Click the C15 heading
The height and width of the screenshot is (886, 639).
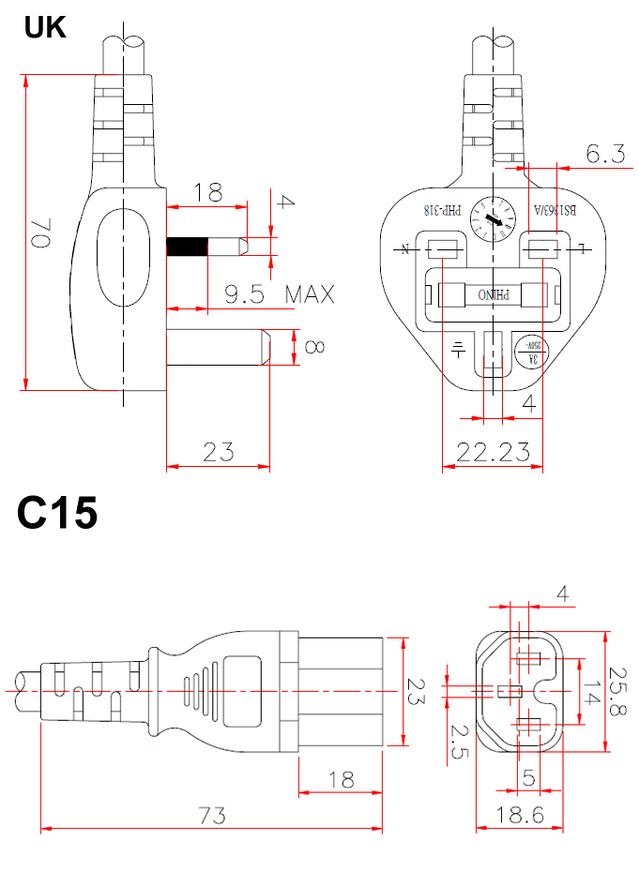coord(56,513)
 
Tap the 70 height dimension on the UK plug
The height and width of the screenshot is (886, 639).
coord(40,233)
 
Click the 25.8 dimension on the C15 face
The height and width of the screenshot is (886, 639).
coord(616,692)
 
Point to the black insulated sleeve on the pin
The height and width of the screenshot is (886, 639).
coord(187,247)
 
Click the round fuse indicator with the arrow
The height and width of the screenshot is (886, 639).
coord(494,220)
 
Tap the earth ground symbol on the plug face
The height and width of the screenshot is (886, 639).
coord(458,349)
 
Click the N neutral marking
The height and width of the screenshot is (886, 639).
coord(407,249)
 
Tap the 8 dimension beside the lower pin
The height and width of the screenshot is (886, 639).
coord(313,348)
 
